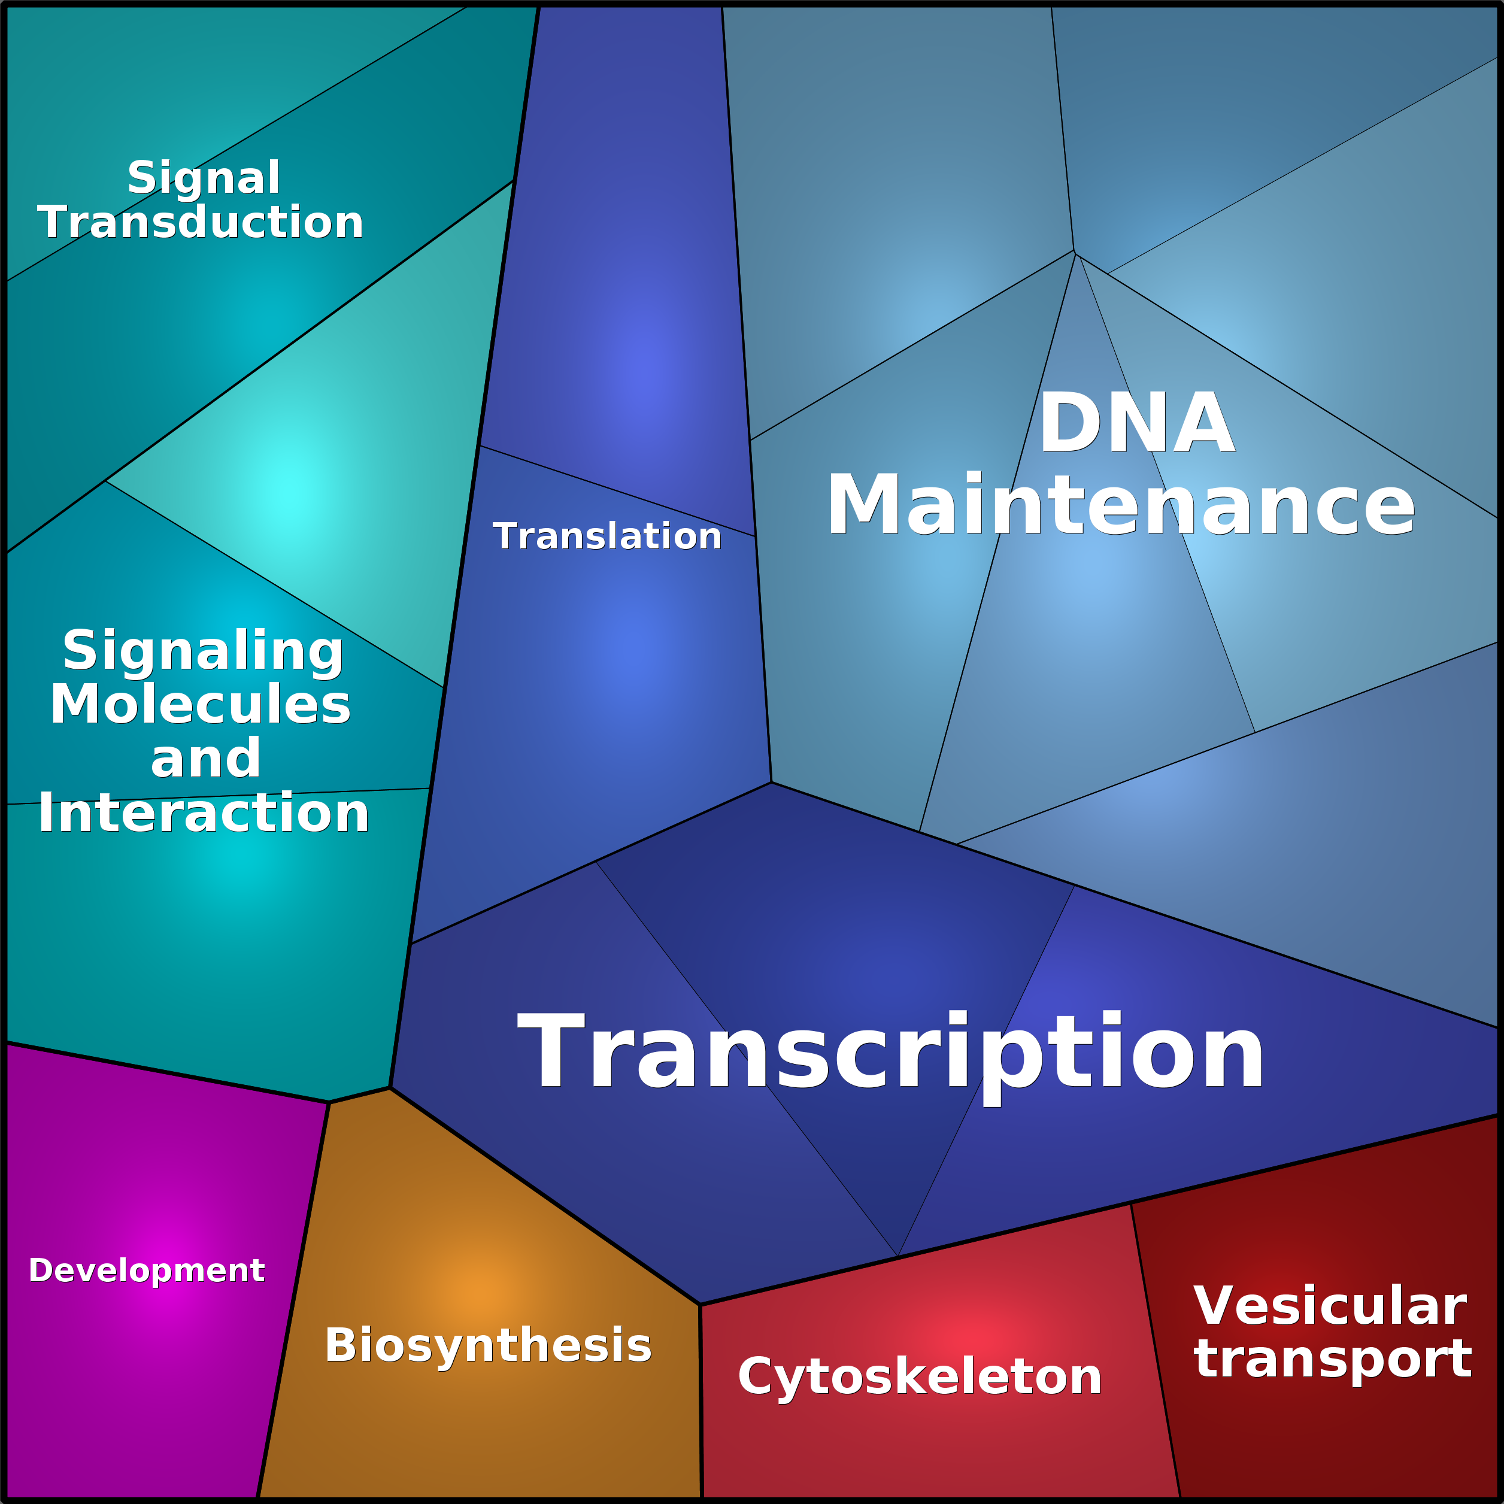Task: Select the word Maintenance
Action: click(x=1120, y=505)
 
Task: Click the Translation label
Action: click(x=607, y=536)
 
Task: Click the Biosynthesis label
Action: click(x=488, y=1345)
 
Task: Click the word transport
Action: click(x=1333, y=1359)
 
